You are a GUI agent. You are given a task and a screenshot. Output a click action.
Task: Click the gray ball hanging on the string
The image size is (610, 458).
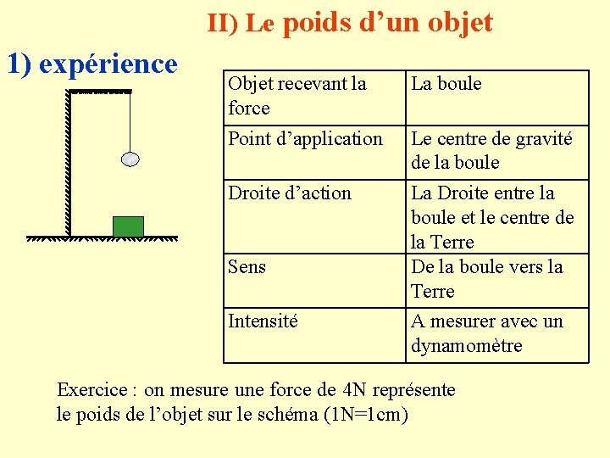pyautogui.click(x=130, y=159)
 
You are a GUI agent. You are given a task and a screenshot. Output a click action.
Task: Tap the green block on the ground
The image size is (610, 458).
pyautogui.click(x=128, y=226)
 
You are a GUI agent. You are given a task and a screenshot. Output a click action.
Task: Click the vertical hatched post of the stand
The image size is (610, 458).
pyautogui.click(x=69, y=161)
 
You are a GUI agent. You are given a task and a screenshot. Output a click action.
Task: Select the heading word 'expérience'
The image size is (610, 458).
pyautogui.click(x=108, y=64)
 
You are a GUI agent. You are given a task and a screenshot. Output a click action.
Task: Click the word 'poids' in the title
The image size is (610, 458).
pyautogui.click(x=316, y=22)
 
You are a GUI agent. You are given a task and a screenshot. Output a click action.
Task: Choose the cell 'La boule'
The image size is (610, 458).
pyautogui.click(x=446, y=83)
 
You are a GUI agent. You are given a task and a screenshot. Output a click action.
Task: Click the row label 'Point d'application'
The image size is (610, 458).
pyautogui.click(x=305, y=138)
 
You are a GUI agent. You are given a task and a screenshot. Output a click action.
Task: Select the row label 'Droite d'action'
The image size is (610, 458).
pyautogui.click(x=289, y=193)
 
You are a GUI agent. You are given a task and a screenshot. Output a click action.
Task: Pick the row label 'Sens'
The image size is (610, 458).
pyautogui.click(x=247, y=266)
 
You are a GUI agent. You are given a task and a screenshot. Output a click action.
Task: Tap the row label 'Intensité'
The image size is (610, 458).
pyautogui.click(x=263, y=321)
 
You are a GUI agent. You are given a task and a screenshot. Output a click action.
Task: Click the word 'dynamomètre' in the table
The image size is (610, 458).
pyautogui.click(x=466, y=345)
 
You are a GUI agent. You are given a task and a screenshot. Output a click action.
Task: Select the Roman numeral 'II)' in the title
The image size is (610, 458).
pyautogui.click(x=223, y=24)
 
